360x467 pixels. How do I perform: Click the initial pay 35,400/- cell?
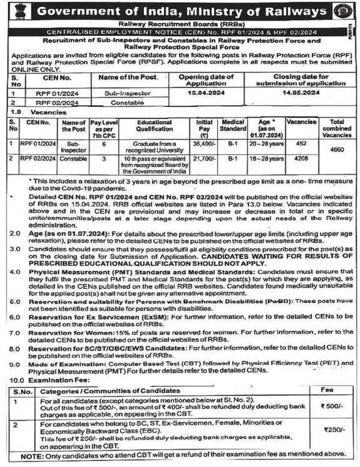coord(205,143)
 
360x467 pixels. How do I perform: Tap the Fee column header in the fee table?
coord(331,390)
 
